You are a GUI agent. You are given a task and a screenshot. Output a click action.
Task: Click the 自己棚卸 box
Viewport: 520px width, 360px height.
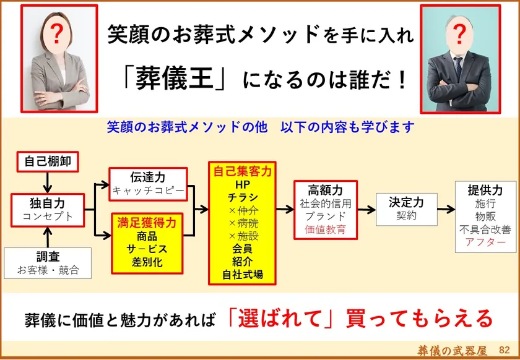pos(48,162)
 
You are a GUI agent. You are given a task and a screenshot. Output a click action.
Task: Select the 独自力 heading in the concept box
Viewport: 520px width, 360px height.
pos(48,203)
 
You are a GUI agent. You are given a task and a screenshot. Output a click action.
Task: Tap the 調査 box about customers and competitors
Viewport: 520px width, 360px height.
pos(48,263)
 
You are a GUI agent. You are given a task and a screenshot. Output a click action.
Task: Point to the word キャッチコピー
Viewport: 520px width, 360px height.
pos(148,191)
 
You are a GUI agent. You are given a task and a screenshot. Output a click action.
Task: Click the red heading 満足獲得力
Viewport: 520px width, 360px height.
pos(147,223)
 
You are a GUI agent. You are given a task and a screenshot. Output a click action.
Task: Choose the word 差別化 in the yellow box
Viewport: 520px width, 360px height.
pos(147,262)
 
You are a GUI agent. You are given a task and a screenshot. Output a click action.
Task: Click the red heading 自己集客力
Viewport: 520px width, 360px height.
pos(242,171)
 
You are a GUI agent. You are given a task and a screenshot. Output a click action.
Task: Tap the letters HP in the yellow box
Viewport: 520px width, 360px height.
pos(243,184)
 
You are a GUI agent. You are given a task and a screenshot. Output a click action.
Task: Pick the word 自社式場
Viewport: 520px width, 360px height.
pos(243,275)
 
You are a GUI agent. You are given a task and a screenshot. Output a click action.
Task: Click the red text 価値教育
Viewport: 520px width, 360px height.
pos(326,229)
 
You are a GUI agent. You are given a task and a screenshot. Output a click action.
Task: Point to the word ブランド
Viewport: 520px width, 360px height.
pos(326,216)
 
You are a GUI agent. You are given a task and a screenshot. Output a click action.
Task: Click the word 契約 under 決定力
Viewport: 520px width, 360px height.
pos(406,216)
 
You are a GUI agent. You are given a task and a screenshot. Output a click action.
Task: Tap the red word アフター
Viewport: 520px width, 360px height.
pos(485,242)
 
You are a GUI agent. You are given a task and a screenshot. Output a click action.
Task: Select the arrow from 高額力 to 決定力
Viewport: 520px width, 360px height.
pos(366,210)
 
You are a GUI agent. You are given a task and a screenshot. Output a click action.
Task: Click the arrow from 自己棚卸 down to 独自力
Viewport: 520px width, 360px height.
pos(48,182)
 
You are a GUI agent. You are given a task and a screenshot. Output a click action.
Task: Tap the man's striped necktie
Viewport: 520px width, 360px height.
pos(458,67)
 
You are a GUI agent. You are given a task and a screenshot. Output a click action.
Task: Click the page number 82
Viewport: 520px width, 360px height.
pos(504,350)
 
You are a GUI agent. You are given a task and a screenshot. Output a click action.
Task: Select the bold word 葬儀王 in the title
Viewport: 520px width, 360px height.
pos(174,78)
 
